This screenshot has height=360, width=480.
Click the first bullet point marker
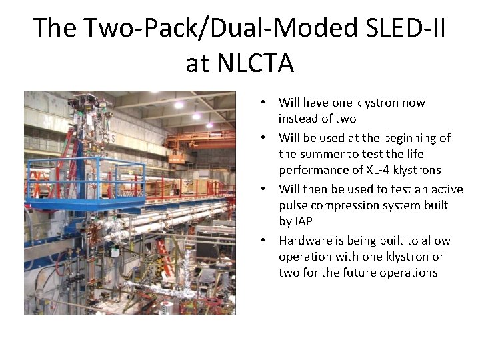point(265,103)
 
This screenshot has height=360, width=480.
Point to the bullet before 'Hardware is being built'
point(265,241)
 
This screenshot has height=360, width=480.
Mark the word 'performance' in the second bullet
point(311,169)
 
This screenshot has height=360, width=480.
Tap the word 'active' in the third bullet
point(444,189)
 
